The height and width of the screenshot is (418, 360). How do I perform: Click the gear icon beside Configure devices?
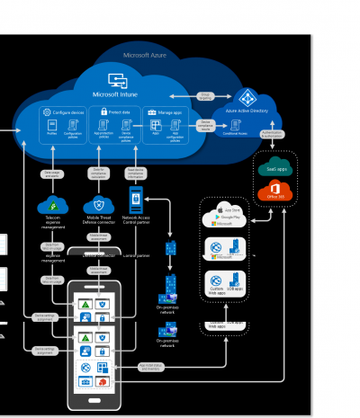point(46,111)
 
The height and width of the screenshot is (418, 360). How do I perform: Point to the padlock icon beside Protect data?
point(103,111)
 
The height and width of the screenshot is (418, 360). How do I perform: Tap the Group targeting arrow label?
point(206,94)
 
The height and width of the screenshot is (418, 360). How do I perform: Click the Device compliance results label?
point(206,123)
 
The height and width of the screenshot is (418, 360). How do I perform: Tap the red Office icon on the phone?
point(104,381)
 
